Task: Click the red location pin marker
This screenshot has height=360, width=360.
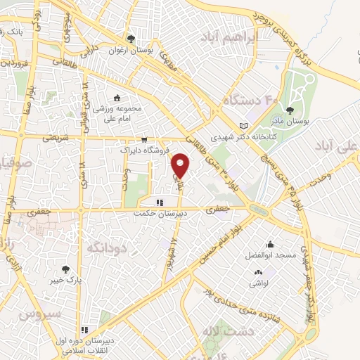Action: pos(181,165)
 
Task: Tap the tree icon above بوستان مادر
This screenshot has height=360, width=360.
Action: pos(290,110)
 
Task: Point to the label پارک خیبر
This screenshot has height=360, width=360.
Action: pos(65,280)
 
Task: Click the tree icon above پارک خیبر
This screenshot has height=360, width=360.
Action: pos(65,268)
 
